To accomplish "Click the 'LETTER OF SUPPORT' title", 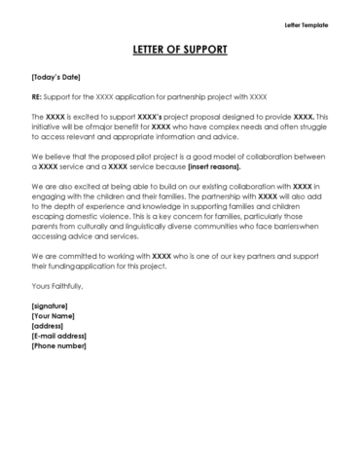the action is (180, 49).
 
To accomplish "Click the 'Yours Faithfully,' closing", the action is (57, 285).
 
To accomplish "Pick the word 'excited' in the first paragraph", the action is (88, 116).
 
